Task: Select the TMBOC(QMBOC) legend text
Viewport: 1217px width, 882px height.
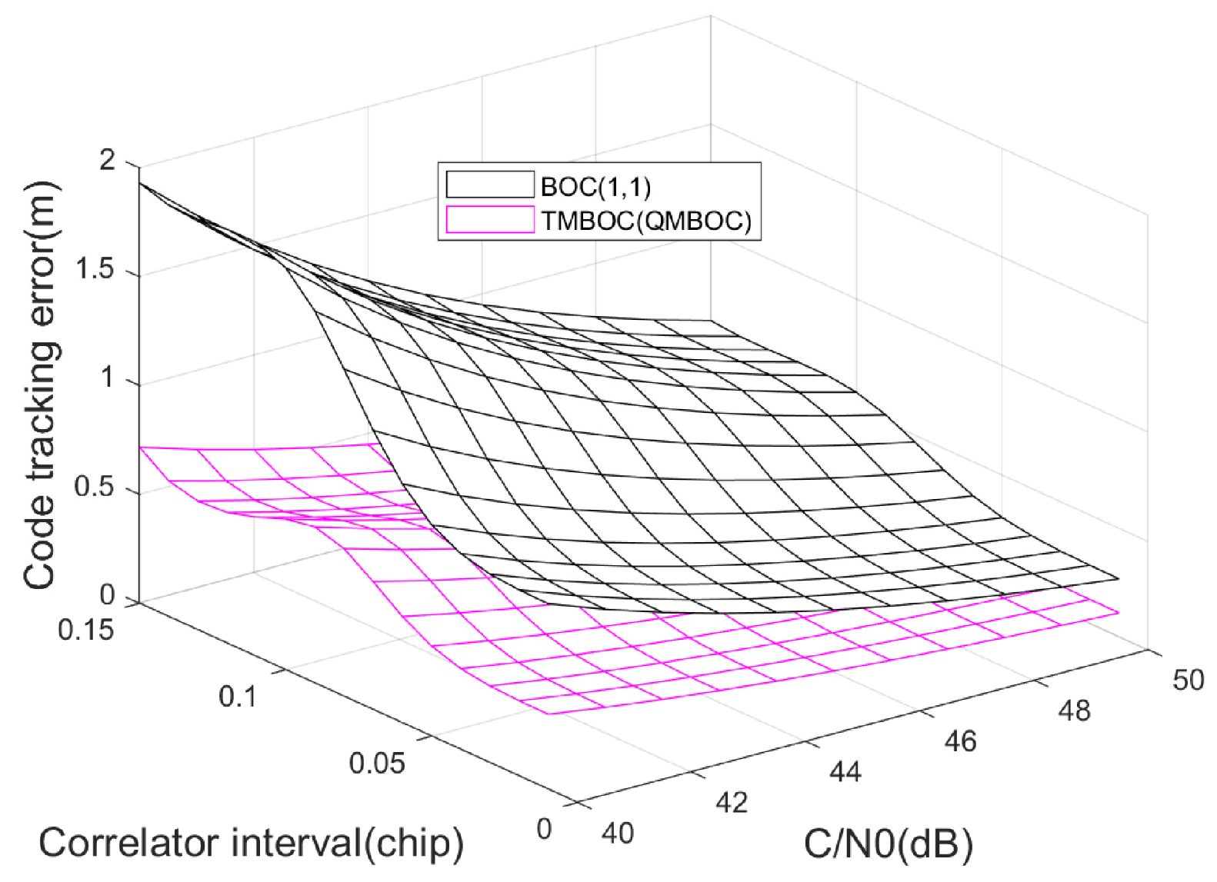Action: point(645,221)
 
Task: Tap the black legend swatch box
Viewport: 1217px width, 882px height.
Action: point(490,185)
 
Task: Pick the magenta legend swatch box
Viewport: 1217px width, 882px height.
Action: point(490,220)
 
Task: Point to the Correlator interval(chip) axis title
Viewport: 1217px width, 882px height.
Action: point(252,843)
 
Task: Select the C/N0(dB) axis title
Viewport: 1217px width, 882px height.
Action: point(888,844)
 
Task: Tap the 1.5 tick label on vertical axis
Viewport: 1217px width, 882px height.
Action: point(95,270)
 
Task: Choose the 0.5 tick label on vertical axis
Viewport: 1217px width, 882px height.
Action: point(95,487)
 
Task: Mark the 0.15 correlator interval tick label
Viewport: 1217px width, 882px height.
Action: point(86,631)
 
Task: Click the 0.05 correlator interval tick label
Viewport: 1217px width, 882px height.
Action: point(377,764)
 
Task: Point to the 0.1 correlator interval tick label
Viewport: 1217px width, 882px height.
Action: point(238,697)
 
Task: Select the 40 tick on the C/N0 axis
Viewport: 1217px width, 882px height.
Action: point(618,833)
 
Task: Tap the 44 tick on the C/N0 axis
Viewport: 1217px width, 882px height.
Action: point(845,771)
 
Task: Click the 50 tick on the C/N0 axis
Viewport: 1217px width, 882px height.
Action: point(1188,680)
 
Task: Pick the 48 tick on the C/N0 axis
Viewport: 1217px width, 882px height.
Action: point(1074,711)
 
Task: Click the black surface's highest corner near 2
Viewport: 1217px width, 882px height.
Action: point(141,183)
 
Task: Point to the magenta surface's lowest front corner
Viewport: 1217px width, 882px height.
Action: point(548,714)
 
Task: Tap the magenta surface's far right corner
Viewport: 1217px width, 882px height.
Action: point(1118,613)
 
